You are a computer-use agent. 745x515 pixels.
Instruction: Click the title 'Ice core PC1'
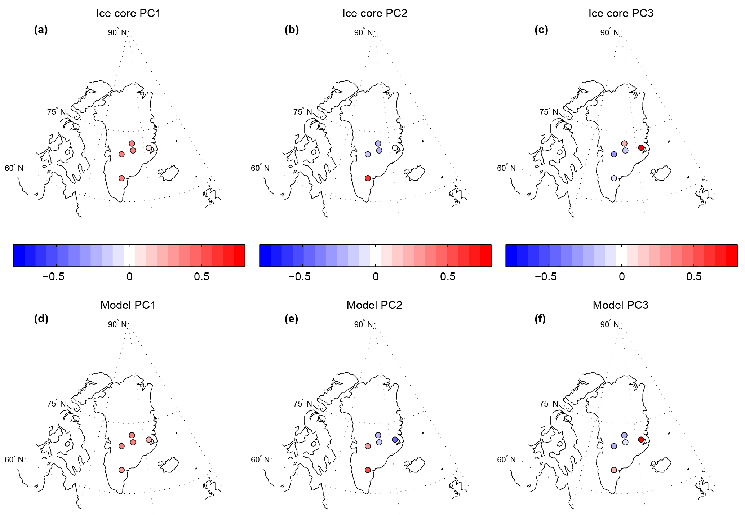[128, 13]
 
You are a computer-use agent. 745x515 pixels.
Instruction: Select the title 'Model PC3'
[620, 305]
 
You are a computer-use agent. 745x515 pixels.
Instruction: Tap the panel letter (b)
[292, 30]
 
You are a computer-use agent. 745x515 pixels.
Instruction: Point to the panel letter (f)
[540, 319]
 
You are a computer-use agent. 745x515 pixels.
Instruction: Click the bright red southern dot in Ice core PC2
[368, 178]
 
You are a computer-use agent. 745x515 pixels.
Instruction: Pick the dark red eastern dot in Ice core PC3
[641, 148]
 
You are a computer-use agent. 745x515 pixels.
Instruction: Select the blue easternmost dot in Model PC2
[395, 440]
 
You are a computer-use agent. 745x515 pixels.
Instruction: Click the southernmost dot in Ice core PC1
[121, 178]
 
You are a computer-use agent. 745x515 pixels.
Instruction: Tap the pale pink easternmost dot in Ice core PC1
[149, 148]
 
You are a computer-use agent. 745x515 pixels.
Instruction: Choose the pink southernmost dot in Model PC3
[614, 470]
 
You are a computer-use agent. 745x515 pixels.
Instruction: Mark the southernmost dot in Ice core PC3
[614, 178]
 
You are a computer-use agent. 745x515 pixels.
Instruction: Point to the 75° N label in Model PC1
[56, 404]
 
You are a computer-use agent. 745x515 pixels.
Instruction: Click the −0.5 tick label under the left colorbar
[53, 277]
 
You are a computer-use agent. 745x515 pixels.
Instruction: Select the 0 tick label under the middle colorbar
[376, 277]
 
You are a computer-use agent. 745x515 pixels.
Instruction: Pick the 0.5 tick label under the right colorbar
[694, 277]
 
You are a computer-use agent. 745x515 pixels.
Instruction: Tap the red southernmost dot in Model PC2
[368, 470]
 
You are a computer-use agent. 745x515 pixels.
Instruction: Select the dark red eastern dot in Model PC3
[641, 439]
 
